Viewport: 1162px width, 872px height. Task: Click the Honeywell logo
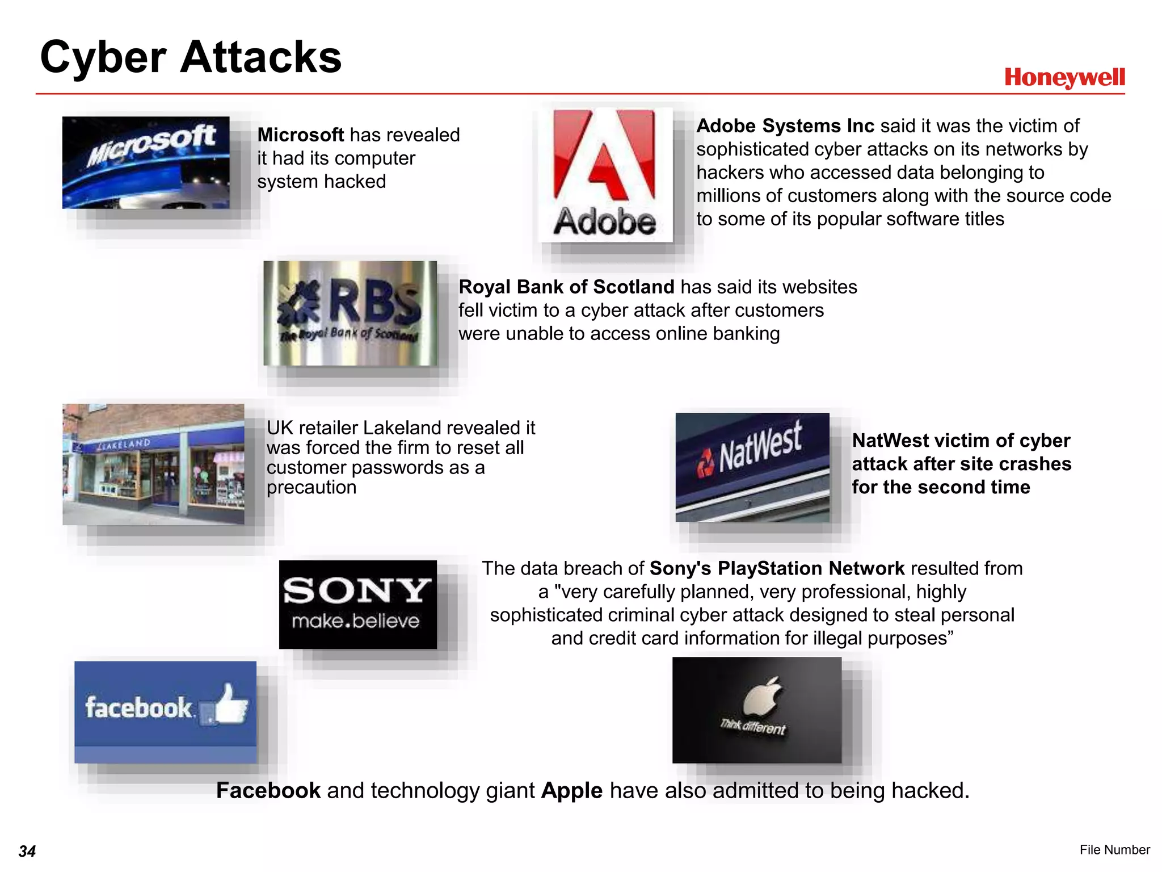[1064, 78]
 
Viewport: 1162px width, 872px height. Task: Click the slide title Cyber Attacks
[191, 57]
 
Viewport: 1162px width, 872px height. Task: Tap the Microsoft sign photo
[146, 162]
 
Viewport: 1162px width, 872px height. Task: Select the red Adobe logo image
[605, 175]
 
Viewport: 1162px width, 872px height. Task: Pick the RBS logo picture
[350, 313]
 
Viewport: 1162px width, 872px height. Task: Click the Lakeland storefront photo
[153, 464]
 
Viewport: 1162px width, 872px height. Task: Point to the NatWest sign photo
[752, 467]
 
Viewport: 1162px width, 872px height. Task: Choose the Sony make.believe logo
[357, 604]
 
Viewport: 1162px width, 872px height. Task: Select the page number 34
[27, 851]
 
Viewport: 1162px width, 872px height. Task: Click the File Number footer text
[1114, 849]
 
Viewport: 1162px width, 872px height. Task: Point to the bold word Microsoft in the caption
[300, 135]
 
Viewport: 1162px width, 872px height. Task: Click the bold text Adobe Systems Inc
[785, 126]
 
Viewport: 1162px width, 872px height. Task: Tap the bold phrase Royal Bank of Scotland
[566, 287]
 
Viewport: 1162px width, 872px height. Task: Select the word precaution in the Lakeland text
[311, 487]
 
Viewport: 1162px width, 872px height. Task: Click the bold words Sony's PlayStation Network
[777, 568]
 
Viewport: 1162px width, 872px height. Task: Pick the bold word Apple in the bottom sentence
[571, 790]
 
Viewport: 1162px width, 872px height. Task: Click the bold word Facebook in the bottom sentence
[268, 790]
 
